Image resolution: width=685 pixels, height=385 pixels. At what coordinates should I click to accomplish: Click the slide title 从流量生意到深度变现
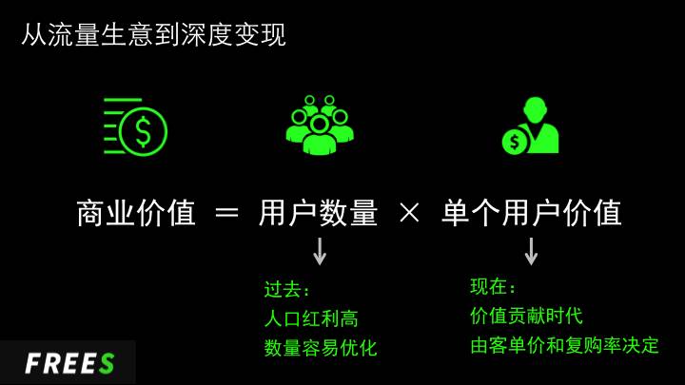tap(154, 35)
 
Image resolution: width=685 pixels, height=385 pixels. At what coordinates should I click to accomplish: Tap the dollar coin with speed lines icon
tap(135, 126)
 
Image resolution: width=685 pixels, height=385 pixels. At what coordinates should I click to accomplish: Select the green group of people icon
tap(320, 125)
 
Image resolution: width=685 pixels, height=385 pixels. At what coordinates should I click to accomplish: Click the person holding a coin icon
tap(530, 125)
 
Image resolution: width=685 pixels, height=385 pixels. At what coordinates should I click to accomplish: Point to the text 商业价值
tap(136, 213)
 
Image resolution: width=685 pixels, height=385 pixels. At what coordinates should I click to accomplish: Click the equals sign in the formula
tap(227, 214)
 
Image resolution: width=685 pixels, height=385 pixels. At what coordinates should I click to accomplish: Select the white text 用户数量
tap(318, 213)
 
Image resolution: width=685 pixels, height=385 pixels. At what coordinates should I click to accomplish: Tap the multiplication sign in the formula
tap(409, 213)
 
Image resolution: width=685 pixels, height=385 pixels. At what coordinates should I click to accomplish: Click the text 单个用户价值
tap(531, 213)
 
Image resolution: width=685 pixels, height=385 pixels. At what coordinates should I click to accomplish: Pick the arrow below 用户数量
tap(320, 251)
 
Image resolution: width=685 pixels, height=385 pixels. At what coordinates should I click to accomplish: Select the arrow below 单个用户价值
tap(531, 251)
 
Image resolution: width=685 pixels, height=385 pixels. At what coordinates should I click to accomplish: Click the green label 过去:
tap(286, 289)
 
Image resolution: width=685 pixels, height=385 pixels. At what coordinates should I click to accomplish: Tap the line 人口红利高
tap(311, 318)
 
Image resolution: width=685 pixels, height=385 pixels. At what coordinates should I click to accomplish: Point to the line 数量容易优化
tap(321, 348)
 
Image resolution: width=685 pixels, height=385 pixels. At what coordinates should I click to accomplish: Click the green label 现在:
tap(493, 287)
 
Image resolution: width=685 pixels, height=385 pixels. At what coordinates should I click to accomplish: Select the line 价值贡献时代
tap(526, 316)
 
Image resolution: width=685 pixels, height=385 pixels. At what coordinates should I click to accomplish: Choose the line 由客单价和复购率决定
tap(564, 345)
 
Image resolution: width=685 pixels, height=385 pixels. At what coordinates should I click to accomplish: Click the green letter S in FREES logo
tap(107, 363)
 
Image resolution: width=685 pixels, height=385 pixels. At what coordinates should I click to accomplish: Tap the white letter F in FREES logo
tap(33, 363)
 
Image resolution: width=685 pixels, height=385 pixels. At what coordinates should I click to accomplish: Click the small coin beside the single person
tap(515, 142)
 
